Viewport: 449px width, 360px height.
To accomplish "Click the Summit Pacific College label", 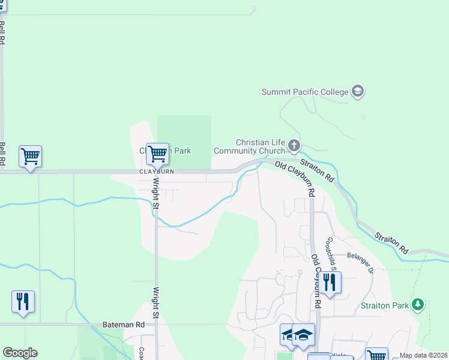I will [305, 92].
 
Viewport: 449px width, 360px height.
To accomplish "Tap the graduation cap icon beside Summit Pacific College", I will [358, 92].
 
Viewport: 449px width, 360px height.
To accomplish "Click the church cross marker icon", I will [294, 145].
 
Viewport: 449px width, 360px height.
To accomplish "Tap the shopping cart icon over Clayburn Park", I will [157, 153].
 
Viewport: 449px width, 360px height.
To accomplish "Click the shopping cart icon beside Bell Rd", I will [30, 156].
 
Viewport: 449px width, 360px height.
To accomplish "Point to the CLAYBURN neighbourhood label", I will [157, 172].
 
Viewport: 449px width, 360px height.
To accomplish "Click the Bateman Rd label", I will [124, 324].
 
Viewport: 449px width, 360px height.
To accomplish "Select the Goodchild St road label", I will [331, 252].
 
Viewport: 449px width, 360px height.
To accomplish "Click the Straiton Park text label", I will [385, 305].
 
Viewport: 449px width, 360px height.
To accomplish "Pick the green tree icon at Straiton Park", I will [418, 305].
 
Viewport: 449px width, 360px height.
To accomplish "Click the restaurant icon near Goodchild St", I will [329, 282].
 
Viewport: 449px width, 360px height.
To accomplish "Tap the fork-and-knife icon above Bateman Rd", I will [23, 301].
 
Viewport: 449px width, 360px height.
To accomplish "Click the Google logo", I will [20, 353].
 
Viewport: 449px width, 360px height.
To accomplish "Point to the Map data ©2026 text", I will [423, 355].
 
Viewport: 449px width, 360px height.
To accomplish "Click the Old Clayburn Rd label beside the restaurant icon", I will [316, 282].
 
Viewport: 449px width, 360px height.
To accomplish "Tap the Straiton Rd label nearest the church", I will [317, 170].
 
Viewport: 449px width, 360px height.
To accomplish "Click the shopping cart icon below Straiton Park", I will [376, 355].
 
